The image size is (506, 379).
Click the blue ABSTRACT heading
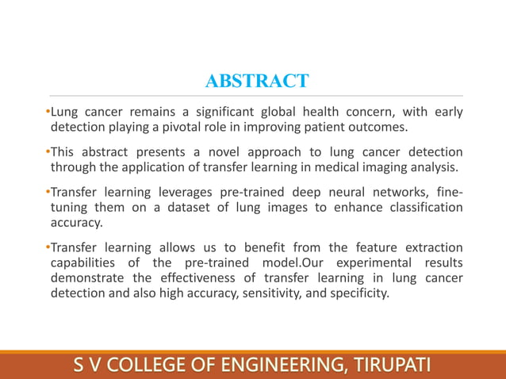click(256, 82)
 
